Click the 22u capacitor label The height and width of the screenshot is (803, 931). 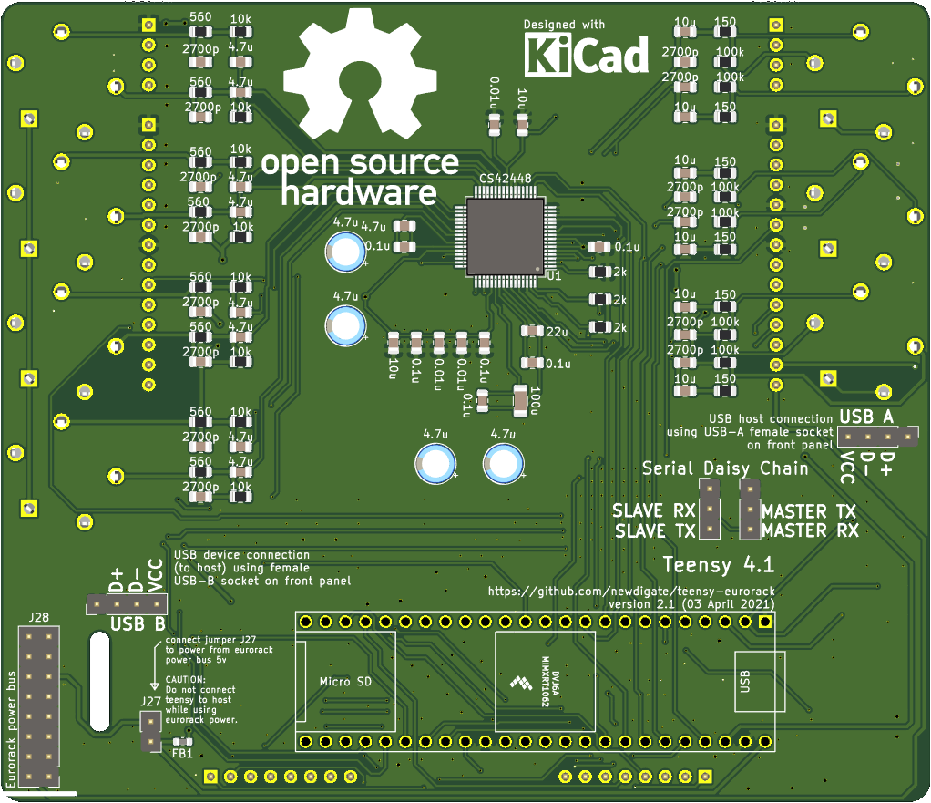point(558,331)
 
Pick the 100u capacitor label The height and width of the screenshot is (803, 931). point(536,400)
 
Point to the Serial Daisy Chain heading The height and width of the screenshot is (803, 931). point(724,468)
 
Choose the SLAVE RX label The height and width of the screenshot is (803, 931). point(654,510)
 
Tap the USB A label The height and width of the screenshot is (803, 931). point(867,417)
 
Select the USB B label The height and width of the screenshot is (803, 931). point(137,625)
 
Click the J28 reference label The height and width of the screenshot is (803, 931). point(37,618)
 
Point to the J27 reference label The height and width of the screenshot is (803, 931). point(150,702)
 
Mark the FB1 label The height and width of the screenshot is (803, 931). point(182,754)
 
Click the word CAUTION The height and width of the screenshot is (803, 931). point(186,680)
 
